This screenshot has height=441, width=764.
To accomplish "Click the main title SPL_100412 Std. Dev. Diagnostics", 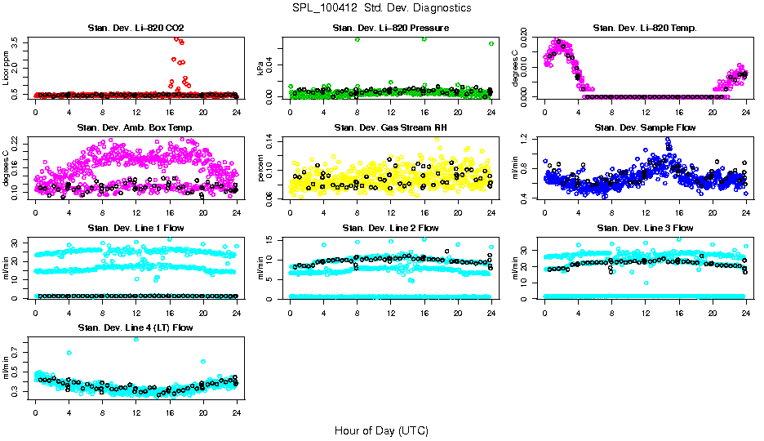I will pyautogui.click(x=381, y=8).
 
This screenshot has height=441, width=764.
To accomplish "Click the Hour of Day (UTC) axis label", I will pyautogui.click(x=381, y=430).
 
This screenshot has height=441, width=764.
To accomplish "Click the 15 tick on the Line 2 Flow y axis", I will pyautogui.click(x=274, y=238).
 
